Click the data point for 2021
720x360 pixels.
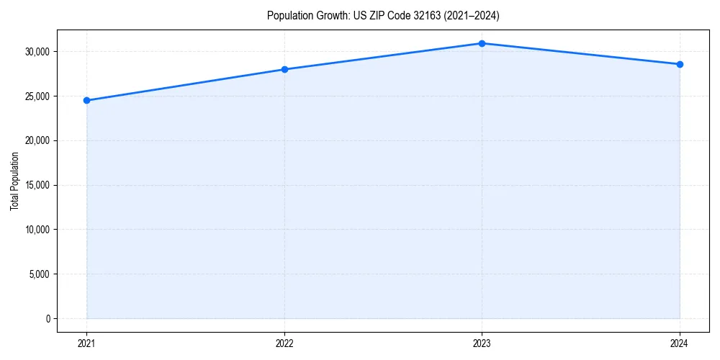coord(86,100)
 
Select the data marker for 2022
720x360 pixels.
coord(284,69)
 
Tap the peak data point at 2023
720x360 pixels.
coord(482,43)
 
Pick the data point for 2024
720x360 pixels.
coord(680,64)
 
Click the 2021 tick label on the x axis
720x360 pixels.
coord(86,343)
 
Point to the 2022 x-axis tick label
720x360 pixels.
coord(284,343)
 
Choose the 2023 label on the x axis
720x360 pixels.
coord(482,343)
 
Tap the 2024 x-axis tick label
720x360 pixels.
coord(680,343)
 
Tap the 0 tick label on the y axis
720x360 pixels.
coord(47,319)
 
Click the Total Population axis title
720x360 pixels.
coord(14,181)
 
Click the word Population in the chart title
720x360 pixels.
coord(290,15)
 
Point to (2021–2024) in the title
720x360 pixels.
coord(473,15)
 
